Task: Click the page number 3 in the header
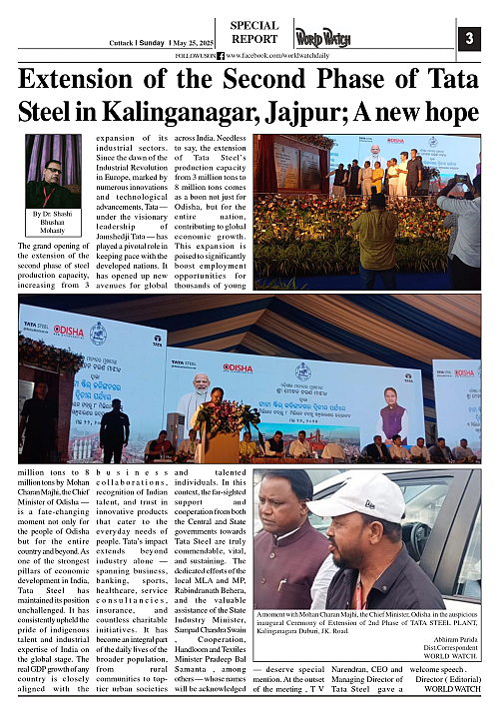point(469,40)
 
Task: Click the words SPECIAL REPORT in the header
point(254,33)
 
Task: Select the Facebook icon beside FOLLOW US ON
point(220,57)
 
